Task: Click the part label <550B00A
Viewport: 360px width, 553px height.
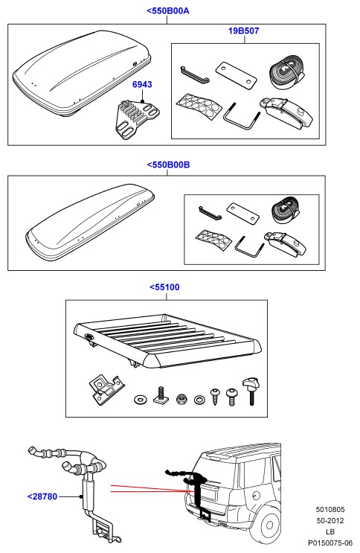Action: tap(168, 11)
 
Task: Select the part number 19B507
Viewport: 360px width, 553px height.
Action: tap(244, 31)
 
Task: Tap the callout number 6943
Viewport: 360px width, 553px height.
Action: tap(142, 84)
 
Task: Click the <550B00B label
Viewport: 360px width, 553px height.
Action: tap(168, 164)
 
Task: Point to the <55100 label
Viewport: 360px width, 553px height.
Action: tap(164, 287)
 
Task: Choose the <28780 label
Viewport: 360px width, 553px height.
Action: tap(42, 496)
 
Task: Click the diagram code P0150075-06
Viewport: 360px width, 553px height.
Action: tap(330, 543)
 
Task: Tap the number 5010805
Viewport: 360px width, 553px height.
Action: tap(330, 509)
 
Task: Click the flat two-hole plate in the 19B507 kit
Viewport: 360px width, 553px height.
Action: tap(236, 74)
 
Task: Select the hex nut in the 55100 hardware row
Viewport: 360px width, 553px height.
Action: tap(182, 398)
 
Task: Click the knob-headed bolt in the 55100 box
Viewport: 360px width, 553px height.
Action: tap(251, 391)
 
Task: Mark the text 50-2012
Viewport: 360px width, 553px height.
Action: tap(330, 520)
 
